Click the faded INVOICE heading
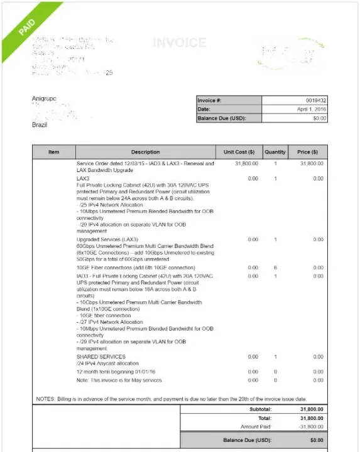179,43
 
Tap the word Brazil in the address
40,125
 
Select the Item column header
54,152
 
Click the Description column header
145,152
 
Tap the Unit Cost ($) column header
239,152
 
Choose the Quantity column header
275,152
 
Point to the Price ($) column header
308,152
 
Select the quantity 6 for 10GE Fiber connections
275,267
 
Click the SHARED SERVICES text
101,357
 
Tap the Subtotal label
260,409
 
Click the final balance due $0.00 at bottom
318,441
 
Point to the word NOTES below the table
45,399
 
